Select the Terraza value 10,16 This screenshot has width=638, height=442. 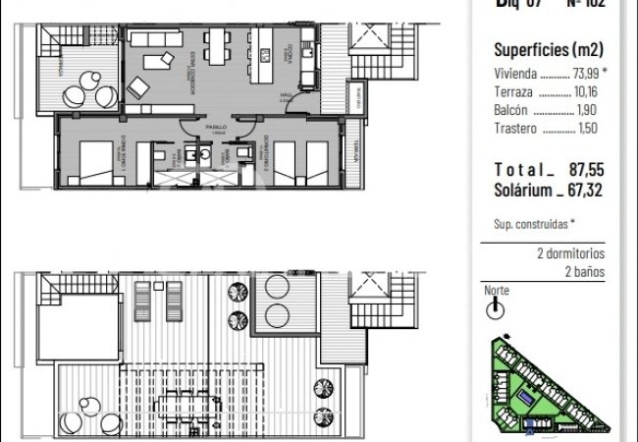586,92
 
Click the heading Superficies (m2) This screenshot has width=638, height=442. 549,49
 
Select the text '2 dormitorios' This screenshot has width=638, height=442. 571,253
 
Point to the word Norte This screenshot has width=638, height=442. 497,291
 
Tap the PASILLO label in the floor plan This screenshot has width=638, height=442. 217,128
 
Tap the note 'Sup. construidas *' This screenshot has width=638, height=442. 534,224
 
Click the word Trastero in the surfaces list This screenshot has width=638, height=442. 514,129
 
